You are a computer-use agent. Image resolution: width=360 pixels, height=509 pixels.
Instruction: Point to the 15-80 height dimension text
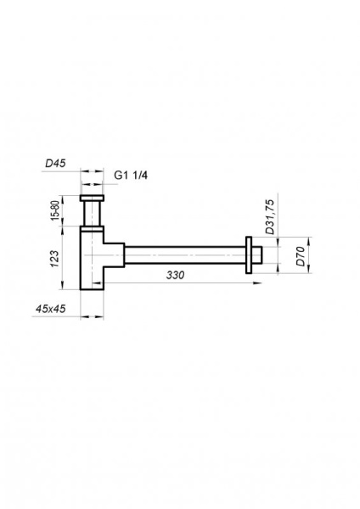tap(53, 211)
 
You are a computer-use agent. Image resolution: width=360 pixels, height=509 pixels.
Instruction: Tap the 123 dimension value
tap(53, 257)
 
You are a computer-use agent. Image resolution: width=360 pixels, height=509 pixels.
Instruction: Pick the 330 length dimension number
tap(176, 277)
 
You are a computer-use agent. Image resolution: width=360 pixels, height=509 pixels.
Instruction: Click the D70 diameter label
tap(300, 256)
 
